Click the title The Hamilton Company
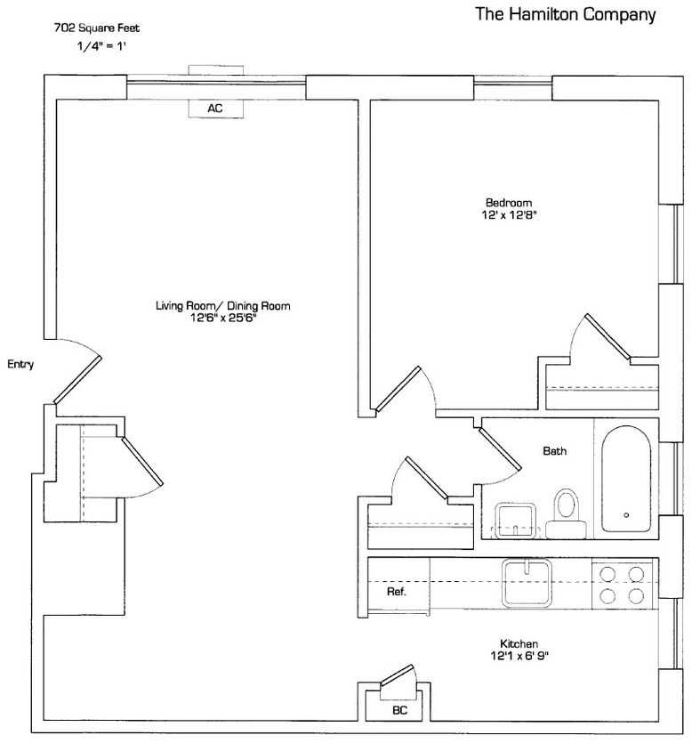point(566,14)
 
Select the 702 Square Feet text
point(97,28)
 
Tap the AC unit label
point(215,109)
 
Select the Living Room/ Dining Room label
point(222,306)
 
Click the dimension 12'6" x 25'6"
point(222,318)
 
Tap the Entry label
point(20,364)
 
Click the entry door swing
point(78,373)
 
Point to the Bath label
point(554,451)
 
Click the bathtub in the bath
point(627,480)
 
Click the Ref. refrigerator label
point(397,592)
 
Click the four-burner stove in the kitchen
point(620,585)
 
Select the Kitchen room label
point(519,643)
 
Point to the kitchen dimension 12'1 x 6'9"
point(519,656)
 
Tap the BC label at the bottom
point(398,711)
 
